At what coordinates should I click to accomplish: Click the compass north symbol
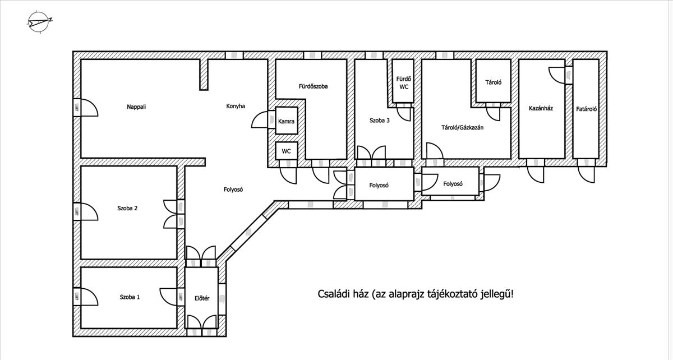click(39, 21)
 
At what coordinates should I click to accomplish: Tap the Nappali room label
click(136, 107)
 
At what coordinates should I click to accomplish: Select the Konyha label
click(236, 106)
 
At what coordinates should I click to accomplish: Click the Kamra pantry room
click(287, 121)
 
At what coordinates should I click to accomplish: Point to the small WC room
click(287, 151)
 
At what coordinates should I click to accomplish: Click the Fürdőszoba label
click(313, 86)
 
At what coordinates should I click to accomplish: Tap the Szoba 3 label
click(380, 121)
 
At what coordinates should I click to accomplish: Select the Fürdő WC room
click(403, 81)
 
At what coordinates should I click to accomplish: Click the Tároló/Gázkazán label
click(462, 127)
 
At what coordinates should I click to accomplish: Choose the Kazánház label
click(541, 108)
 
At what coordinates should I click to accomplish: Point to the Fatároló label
click(586, 109)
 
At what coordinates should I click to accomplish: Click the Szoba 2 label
click(127, 208)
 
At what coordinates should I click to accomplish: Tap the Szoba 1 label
click(130, 297)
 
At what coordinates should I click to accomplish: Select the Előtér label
click(202, 298)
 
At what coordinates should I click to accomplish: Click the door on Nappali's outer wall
click(86, 107)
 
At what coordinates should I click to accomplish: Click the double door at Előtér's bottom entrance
click(201, 325)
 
